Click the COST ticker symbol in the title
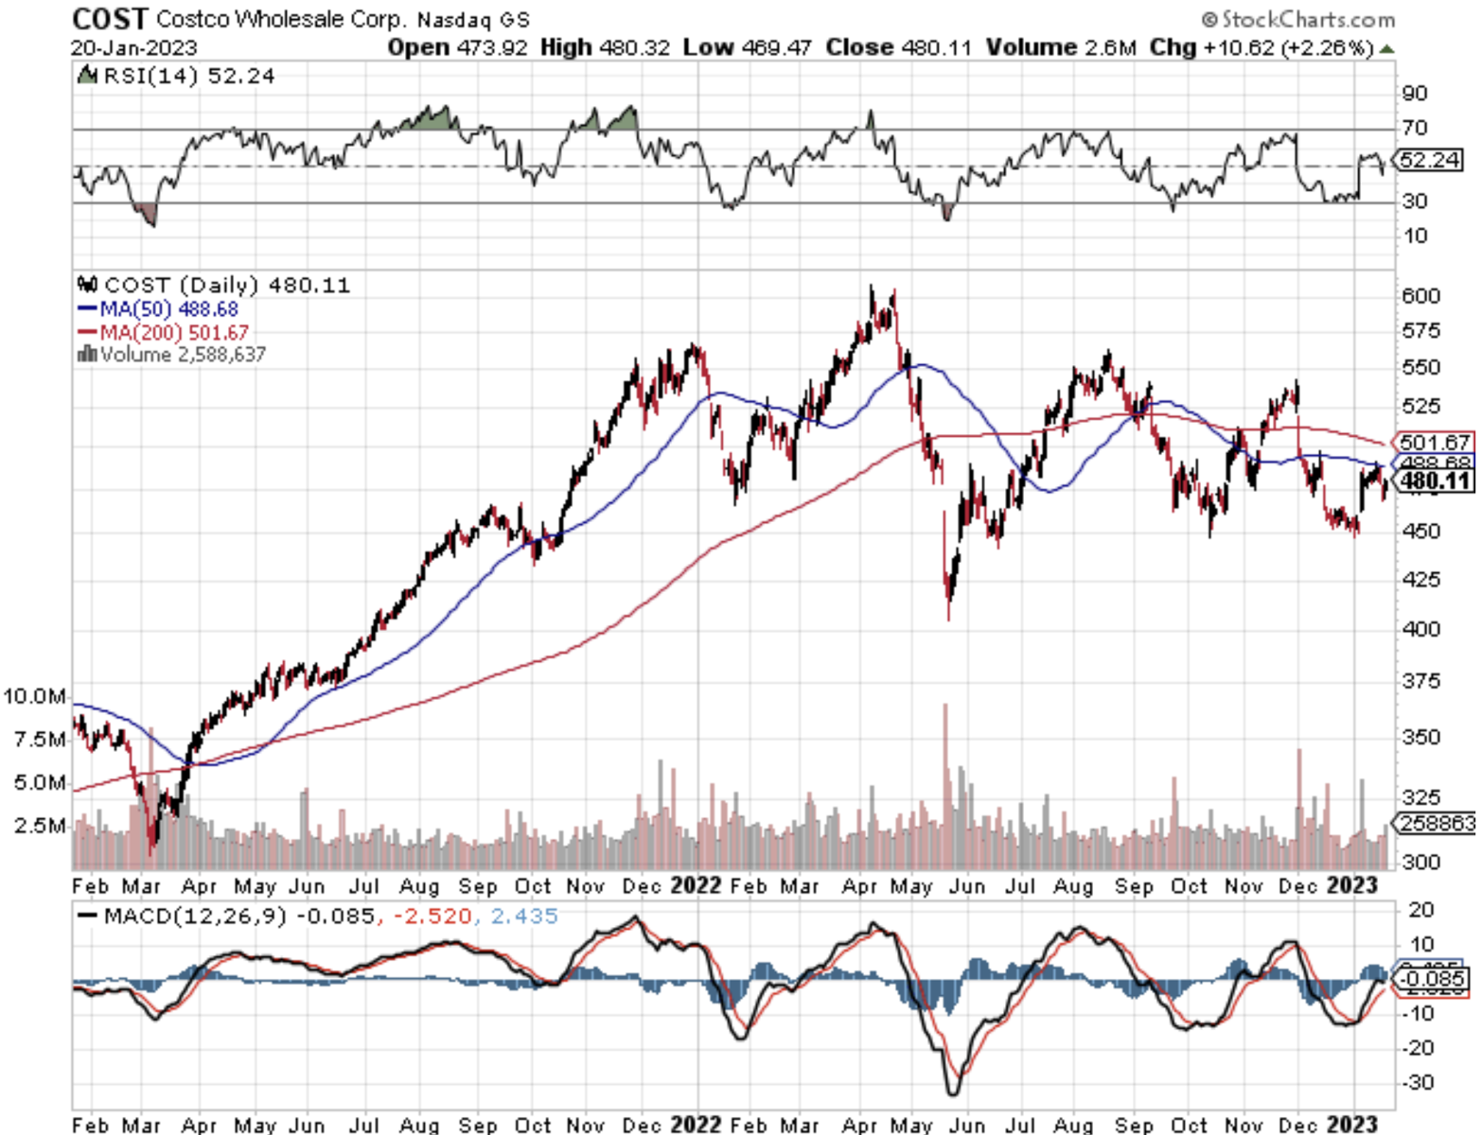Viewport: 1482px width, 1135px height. coord(110,19)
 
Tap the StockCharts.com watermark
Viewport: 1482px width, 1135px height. coord(1298,19)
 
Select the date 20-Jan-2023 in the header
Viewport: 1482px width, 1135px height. coord(134,48)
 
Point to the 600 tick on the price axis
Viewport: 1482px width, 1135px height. coord(1420,296)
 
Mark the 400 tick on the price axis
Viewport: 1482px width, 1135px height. coord(1420,629)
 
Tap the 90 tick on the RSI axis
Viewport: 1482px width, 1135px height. coord(1415,94)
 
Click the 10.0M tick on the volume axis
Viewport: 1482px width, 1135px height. coord(34,697)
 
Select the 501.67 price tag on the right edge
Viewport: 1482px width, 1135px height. coord(1435,442)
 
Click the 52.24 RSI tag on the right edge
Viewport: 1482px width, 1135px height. coord(1429,160)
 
